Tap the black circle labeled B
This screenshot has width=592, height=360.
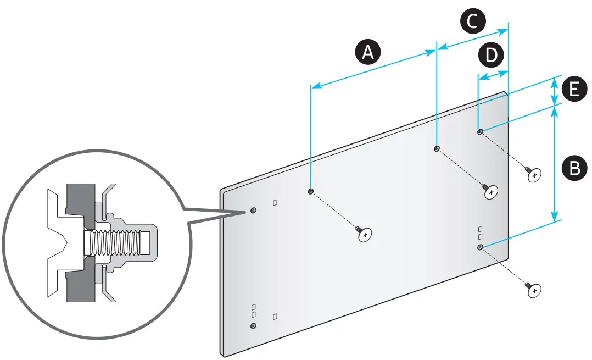pos(574,167)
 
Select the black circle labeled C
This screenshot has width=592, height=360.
pos(473,21)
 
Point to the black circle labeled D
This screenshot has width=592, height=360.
pos(491,55)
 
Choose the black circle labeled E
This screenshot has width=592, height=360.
pos(574,89)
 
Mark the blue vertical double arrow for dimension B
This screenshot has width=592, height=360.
pos(554,163)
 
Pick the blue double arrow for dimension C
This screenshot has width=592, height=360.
pos(473,39)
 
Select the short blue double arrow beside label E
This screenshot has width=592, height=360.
pos(554,90)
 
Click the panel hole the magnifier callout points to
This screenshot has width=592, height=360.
pos(253,210)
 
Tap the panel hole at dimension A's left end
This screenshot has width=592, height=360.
pos(311,191)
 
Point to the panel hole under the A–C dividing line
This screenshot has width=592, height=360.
pos(437,148)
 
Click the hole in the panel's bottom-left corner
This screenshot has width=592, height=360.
pos(253,325)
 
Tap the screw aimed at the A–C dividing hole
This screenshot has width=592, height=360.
pos(491,192)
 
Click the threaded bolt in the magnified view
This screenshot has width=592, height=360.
pos(113,242)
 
